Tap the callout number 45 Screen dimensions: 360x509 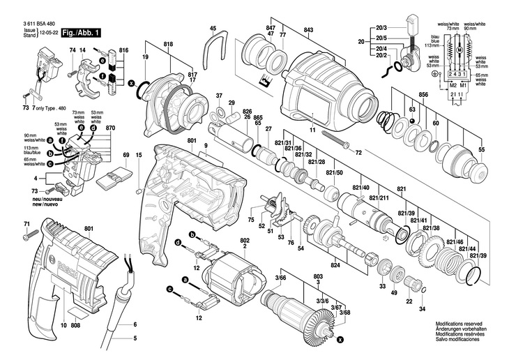213,28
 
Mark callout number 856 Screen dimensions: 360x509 423,93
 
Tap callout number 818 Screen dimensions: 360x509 167,43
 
